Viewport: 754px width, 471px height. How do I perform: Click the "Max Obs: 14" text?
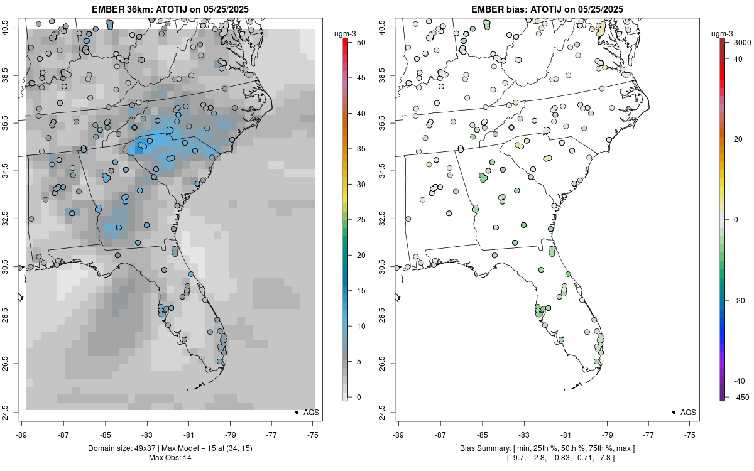point(170,458)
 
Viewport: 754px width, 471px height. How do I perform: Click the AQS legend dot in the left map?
point(296,412)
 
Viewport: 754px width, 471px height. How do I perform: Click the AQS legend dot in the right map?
point(673,412)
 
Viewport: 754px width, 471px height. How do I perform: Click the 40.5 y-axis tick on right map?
point(390,28)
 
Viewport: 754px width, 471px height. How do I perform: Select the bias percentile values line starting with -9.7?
point(547,458)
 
